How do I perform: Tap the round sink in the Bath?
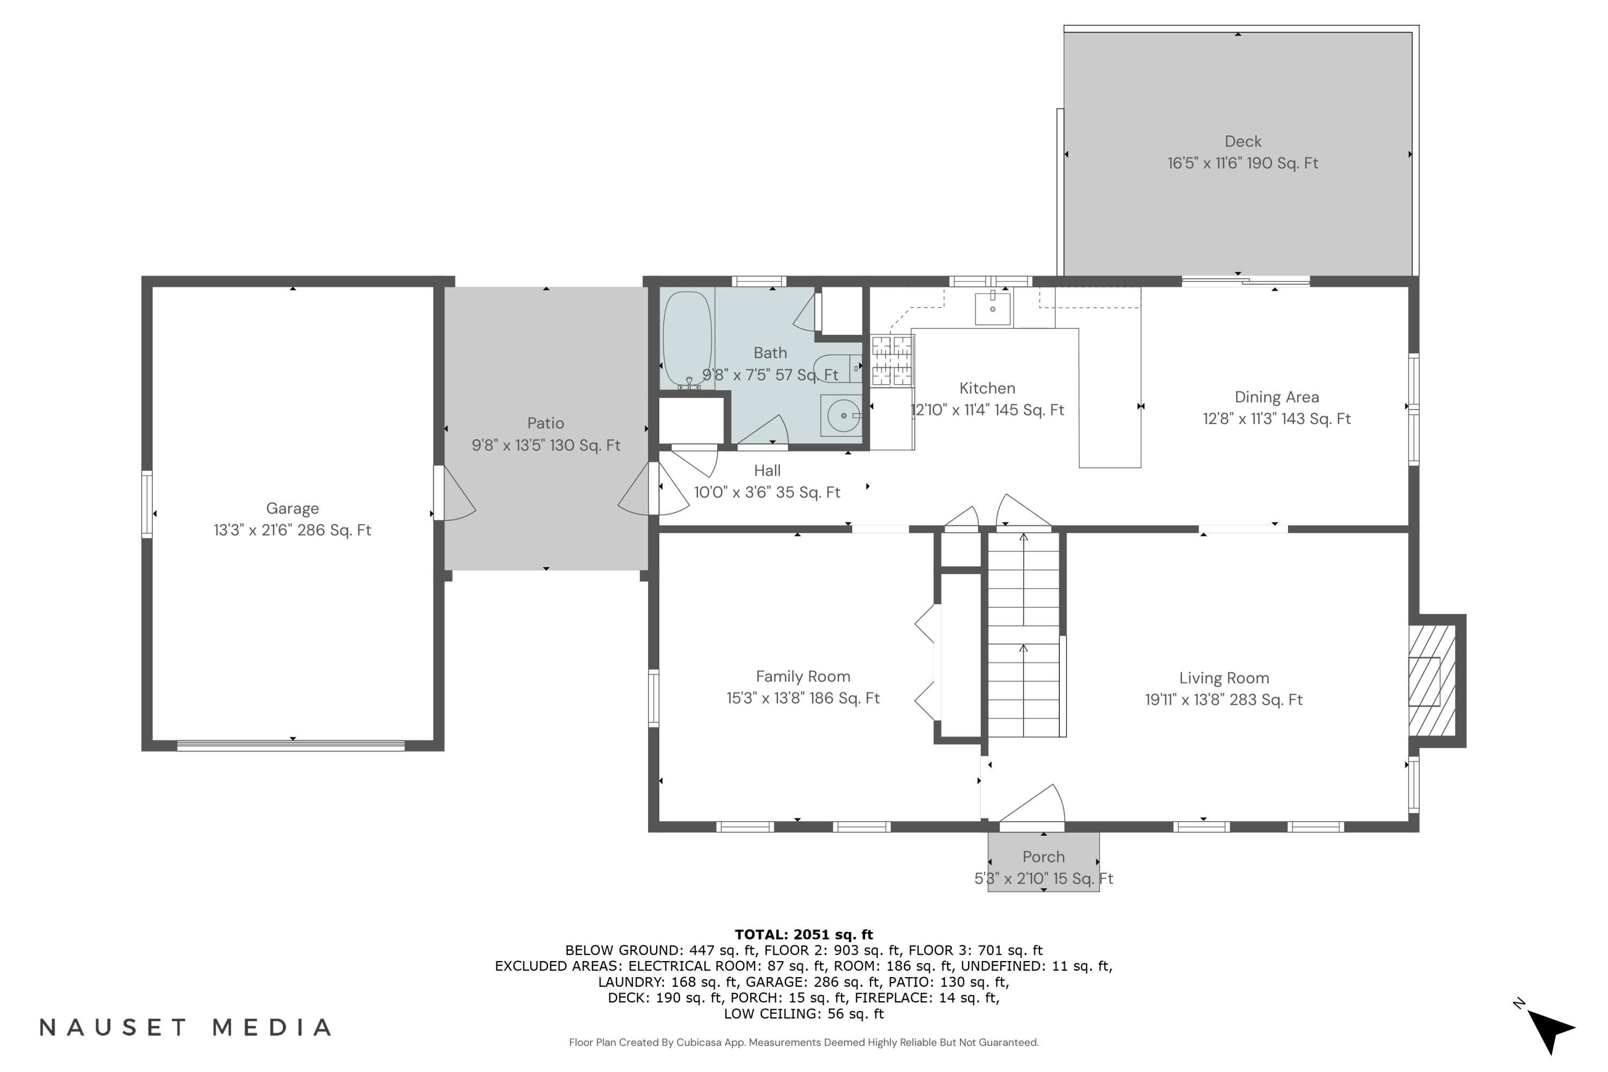(844, 415)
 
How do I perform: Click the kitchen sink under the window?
(993, 308)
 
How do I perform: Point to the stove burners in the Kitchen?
(891, 361)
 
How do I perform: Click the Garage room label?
(293, 508)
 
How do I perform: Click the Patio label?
(546, 423)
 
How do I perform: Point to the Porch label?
(1043, 857)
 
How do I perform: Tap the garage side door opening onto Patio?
(454, 494)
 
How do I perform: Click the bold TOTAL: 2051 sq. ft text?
(803, 935)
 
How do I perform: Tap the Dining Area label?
(1276, 397)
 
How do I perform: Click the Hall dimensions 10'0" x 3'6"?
(767, 492)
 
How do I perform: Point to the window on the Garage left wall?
(147, 504)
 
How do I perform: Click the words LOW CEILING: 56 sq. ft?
(803, 1014)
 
